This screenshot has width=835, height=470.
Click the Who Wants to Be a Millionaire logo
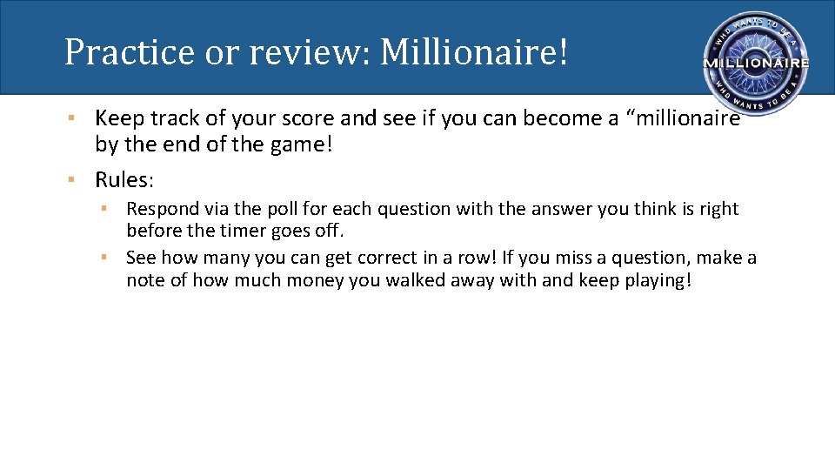(x=755, y=64)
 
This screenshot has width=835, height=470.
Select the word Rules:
(x=124, y=180)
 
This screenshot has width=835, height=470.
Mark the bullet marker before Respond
(x=104, y=209)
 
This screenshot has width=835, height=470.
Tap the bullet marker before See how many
(x=104, y=258)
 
